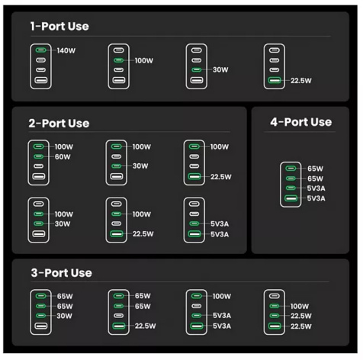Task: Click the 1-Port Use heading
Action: point(59,26)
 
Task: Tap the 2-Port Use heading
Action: point(59,124)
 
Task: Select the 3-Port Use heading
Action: point(61,273)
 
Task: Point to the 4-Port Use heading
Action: point(301,122)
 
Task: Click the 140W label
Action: point(66,50)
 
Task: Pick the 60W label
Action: point(63,156)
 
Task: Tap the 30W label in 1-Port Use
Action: point(220,69)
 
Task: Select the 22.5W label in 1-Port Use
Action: point(301,81)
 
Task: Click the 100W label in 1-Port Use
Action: point(144,60)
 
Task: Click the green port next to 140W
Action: point(40,50)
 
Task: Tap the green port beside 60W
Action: point(38,156)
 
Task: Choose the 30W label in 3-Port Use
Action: point(64,316)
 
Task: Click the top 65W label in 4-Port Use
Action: point(315,169)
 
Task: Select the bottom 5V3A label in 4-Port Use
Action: point(316,198)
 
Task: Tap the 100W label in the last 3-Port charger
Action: point(300,306)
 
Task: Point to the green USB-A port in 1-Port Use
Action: point(275,80)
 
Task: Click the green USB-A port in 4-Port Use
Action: point(291,198)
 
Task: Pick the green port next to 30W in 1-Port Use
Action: point(197,69)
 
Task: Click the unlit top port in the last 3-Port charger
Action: point(275,296)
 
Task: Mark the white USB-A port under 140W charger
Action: point(41,80)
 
